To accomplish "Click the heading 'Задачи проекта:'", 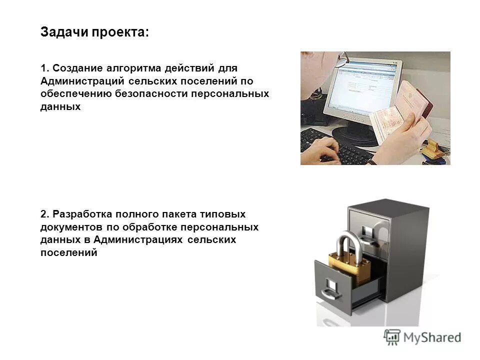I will pos(94,33).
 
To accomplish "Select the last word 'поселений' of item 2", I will pos(68,253).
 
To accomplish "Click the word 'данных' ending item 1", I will pos(60,106).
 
